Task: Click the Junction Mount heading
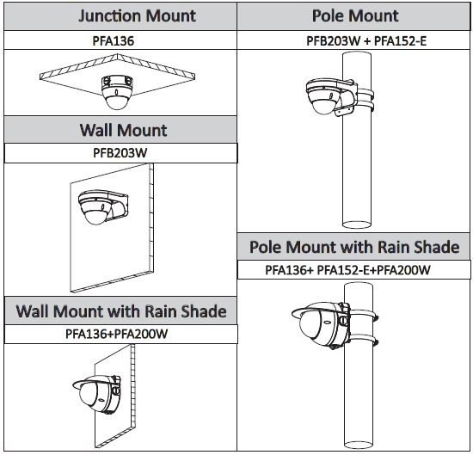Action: [x=137, y=16]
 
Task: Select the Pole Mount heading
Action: [x=355, y=15]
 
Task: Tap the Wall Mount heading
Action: [x=123, y=131]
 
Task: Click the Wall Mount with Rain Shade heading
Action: [x=121, y=311]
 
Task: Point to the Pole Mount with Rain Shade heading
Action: [x=354, y=247]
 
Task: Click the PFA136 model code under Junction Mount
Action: [x=114, y=41]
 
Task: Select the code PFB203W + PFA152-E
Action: [x=366, y=41]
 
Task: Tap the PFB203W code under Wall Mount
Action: [x=120, y=153]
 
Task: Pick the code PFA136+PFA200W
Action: [x=116, y=334]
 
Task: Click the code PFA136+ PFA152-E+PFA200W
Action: [x=347, y=270]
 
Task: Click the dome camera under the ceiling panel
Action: [x=117, y=92]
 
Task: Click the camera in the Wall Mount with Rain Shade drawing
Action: [x=96, y=394]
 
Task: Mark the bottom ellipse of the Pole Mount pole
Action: [x=357, y=224]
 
